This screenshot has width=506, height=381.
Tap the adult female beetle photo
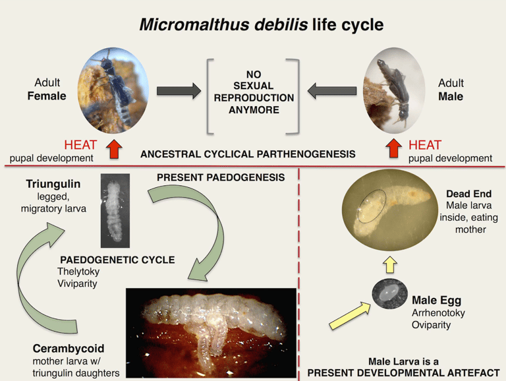click(113, 90)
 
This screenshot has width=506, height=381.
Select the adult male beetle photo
click(394, 91)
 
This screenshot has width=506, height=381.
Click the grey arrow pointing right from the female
click(179, 91)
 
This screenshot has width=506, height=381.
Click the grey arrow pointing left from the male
click(332, 91)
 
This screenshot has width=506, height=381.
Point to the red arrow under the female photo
click(113, 148)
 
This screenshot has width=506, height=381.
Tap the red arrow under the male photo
click(394, 148)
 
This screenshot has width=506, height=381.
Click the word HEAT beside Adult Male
click(425, 145)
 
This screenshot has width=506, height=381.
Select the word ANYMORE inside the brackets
click(254, 110)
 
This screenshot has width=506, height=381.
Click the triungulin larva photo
click(115, 210)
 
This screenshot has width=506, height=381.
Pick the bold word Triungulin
click(53, 184)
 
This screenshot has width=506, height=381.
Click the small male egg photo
click(389, 293)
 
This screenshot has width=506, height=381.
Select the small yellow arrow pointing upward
click(390, 265)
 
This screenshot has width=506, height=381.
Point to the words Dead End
click(468, 193)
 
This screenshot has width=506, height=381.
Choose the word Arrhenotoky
click(438, 312)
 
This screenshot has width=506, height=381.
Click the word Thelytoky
click(78, 271)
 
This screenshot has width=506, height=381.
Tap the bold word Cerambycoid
click(69, 349)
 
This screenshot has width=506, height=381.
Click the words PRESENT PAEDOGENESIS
click(221, 177)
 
